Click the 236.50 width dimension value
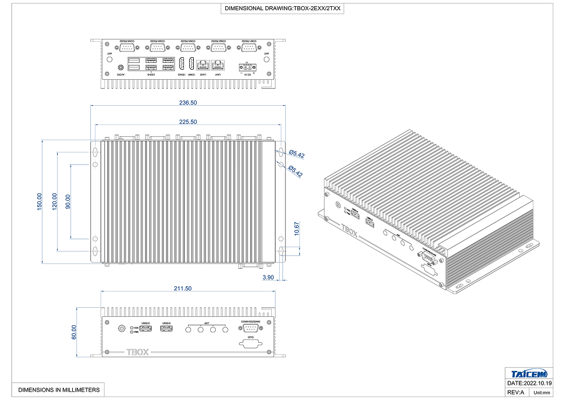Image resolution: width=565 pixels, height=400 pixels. click(188, 103)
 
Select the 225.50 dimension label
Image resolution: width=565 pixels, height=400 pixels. click(188, 122)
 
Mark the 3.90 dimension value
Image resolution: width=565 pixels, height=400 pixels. click(268, 277)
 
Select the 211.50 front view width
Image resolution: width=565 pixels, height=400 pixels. click(183, 289)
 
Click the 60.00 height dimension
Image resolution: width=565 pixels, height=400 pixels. click(73, 332)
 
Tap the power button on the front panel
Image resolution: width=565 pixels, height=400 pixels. click(121, 329)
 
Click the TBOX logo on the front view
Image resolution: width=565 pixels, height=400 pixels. click(137, 352)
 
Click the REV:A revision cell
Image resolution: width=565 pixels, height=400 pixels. click(516, 392)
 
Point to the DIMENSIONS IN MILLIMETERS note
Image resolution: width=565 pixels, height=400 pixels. click(59, 390)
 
